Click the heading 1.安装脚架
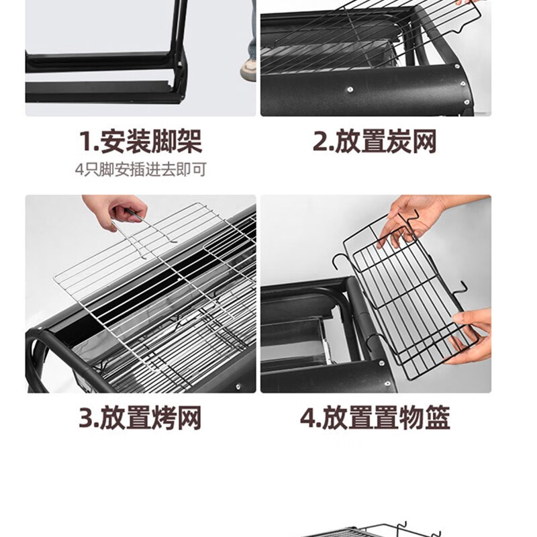click(x=140, y=142)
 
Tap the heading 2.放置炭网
click(x=375, y=142)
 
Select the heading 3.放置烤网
click(x=140, y=418)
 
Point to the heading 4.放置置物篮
click(x=375, y=418)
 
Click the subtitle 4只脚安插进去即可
click(x=141, y=170)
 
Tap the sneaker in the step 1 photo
click(x=248, y=70)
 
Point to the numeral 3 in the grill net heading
click(x=86, y=418)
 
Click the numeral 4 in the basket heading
click(x=308, y=418)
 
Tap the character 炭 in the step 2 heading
click(x=399, y=142)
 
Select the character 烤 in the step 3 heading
click(x=164, y=418)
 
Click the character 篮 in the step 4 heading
click(x=438, y=418)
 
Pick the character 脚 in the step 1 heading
click(x=164, y=142)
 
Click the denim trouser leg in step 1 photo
click(x=252, y=31)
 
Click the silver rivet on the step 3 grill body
click(x=238, y=387)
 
